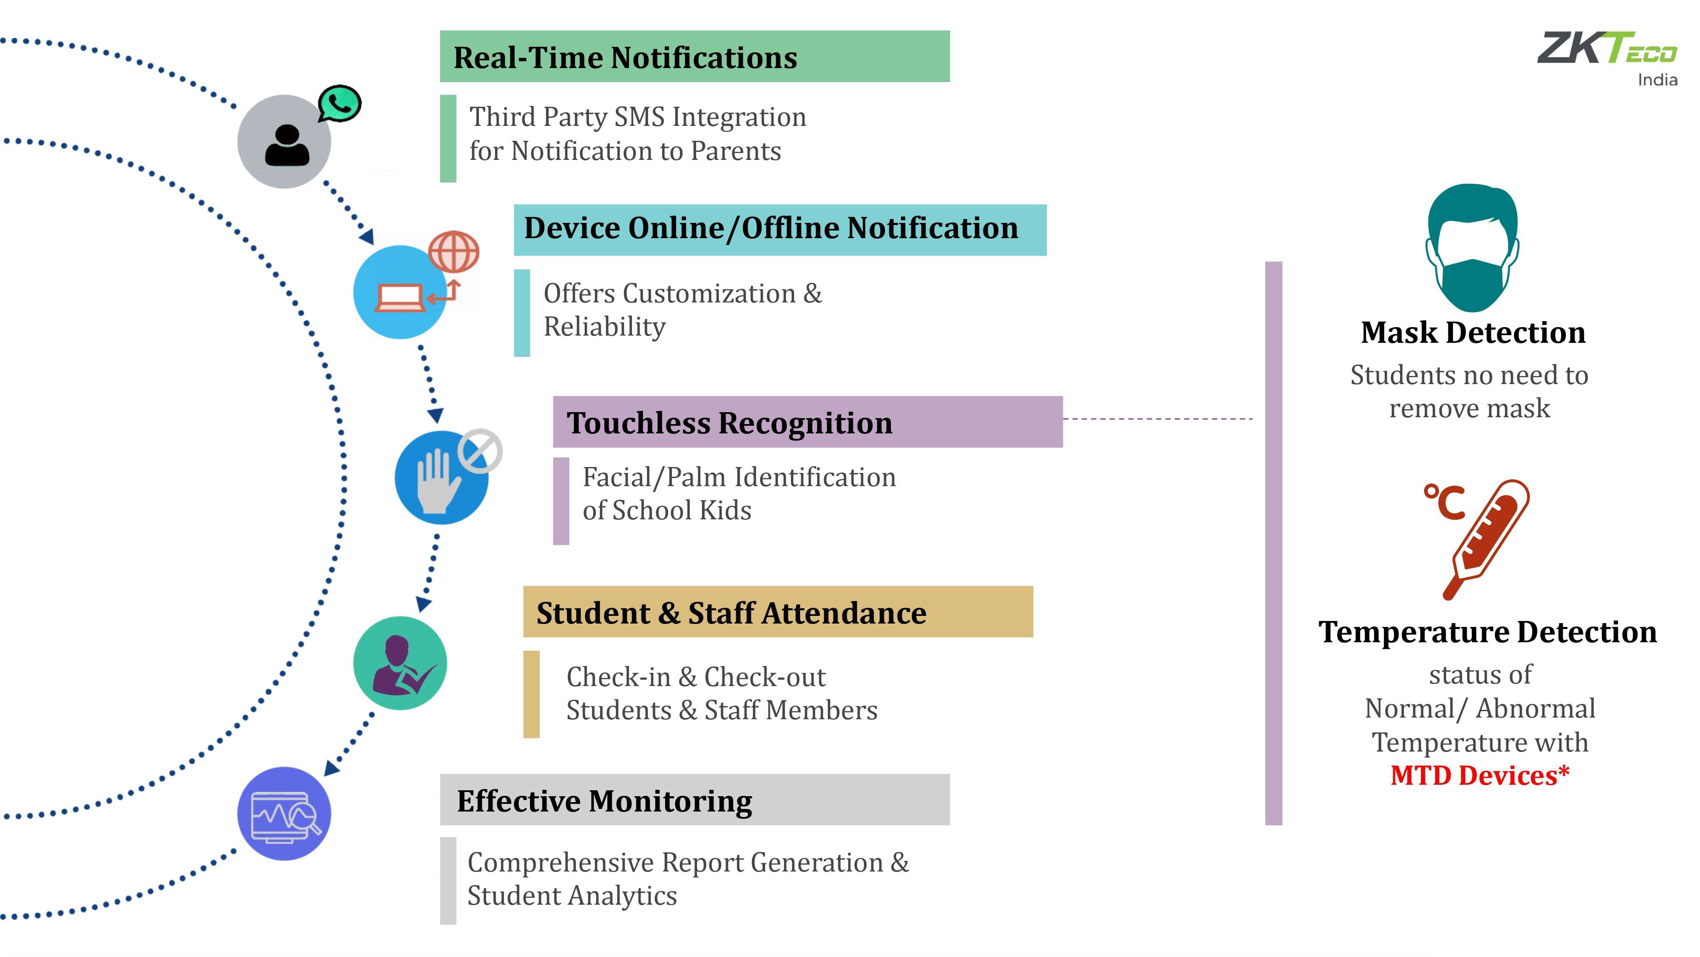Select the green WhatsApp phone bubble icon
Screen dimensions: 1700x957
tap(339, 104)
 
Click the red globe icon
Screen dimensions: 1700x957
tap(453, 252)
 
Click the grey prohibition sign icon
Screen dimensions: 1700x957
tap(480, 451)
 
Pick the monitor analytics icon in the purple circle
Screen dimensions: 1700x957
tap(285, 817)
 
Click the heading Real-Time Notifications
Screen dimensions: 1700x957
tap(625, 57)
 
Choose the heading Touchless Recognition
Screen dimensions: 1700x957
tap(729, 423)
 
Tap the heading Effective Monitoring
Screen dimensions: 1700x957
tap(604, 801)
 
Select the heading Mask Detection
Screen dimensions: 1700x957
tap(1473, 332)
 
